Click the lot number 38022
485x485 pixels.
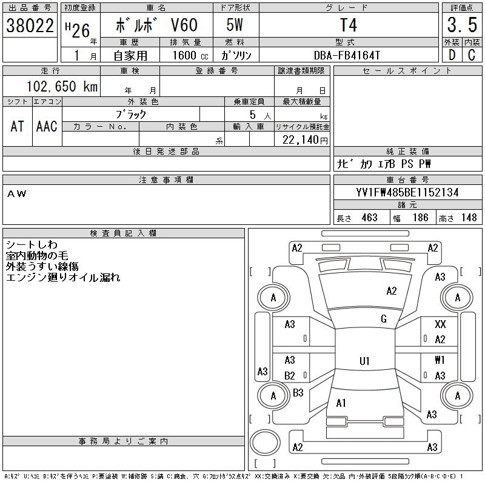(30, 25)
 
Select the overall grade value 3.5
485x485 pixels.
(461, 25)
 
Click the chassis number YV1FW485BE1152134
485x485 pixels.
(407, 192)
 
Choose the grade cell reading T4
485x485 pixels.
(348, 25)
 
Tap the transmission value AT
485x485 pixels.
(17, 126)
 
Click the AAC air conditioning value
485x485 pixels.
(47, 126)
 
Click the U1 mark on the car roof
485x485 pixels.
(364, 361)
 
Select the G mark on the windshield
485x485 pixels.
(383, 319)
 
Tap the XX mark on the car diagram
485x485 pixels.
(440, 325)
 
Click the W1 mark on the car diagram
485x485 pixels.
(440, 360)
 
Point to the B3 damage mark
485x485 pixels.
(298, 393)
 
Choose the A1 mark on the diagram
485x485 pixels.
(341, 403)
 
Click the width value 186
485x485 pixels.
(419, 218)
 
